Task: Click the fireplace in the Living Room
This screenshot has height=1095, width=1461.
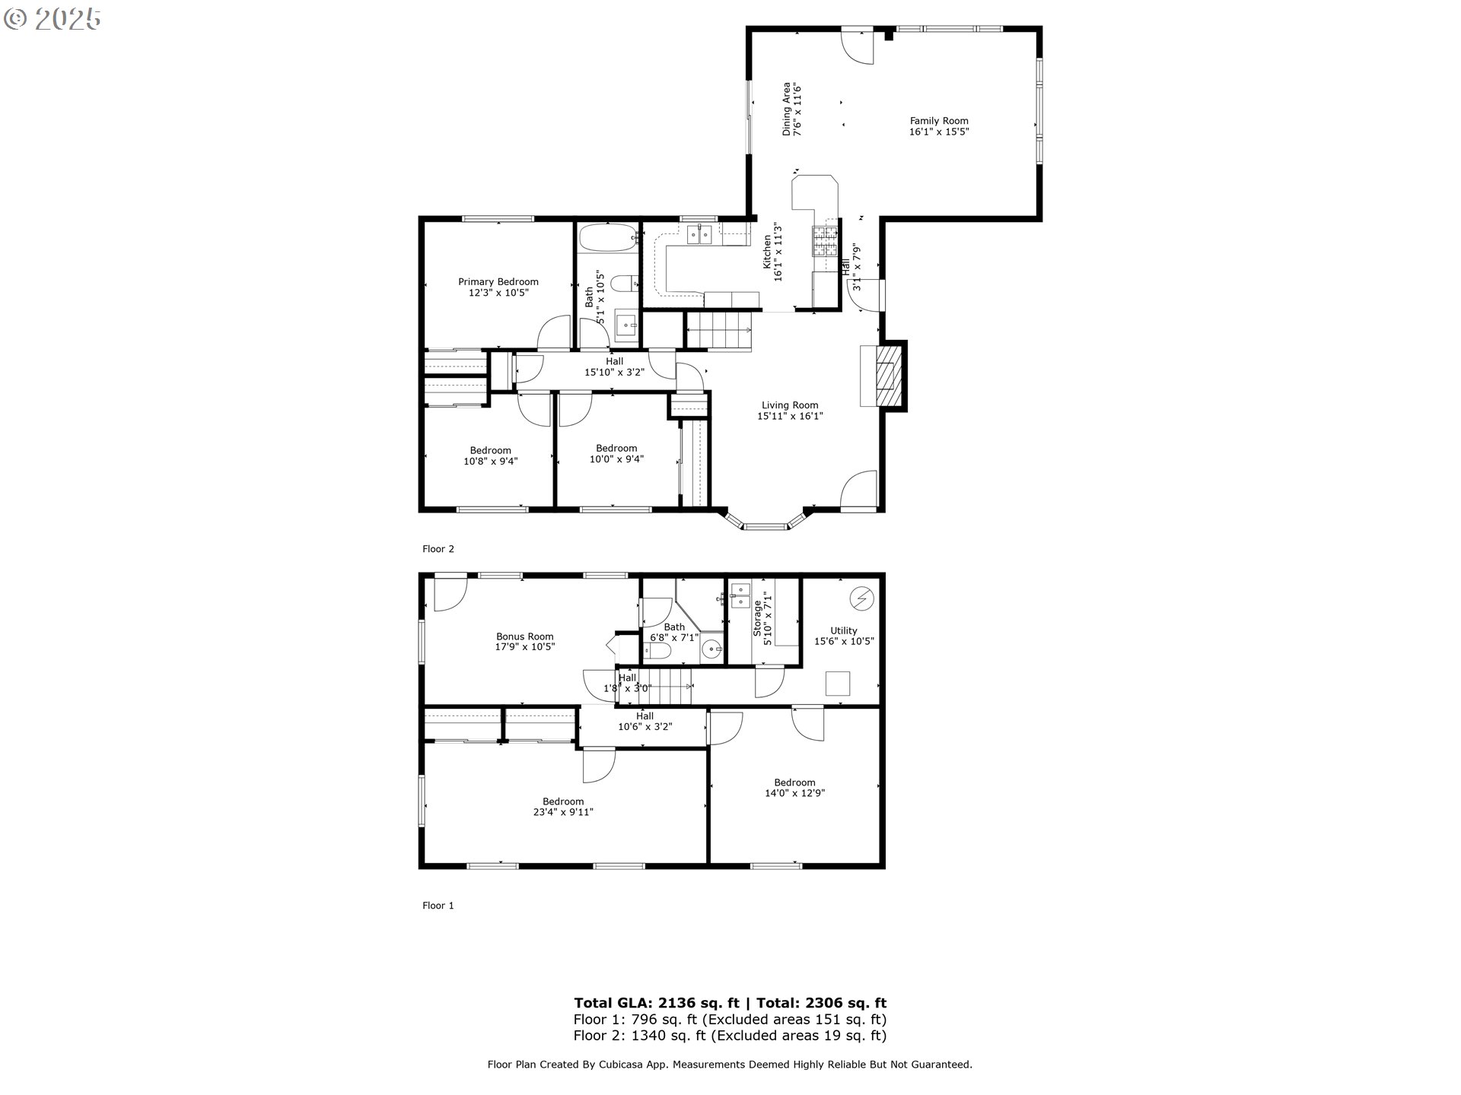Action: click(x=883, y=376)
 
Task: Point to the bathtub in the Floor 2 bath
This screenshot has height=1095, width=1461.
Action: click(x=608, y=237)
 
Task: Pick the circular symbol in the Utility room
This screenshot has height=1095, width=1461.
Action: click(x=862, y=598)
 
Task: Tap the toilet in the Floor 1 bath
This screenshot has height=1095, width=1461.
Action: click(x=657, y=651)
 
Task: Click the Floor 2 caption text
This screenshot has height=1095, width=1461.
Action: click(x=438, y=549)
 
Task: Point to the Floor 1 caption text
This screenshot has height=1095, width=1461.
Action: click(x=438, y=906)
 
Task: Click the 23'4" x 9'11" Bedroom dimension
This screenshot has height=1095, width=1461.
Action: click(x=563, y=812)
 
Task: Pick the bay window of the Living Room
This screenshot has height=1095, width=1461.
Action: click(x=766, y=525)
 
